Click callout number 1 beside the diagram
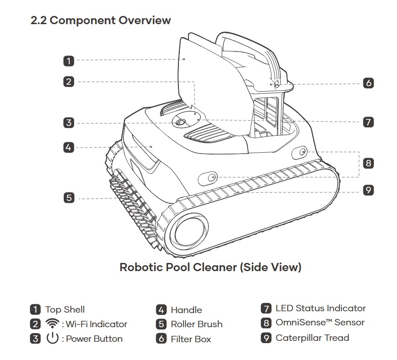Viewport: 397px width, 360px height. (68, 61)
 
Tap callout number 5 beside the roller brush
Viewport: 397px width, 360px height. (68, 198)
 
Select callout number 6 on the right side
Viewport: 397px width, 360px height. (368, 83)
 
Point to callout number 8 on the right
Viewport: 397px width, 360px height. (368, 163)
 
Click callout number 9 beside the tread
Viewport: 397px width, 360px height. (368, 190)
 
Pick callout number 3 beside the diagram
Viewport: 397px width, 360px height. (68, 122)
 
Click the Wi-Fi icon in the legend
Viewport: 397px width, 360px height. (52, 324)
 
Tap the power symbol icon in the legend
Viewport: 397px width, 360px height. (52, 338)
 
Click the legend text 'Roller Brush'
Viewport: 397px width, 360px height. (196, 324)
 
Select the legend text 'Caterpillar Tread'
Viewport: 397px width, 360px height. (312, 338)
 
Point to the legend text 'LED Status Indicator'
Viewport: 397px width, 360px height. (320, 308)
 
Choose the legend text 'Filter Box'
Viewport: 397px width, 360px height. (191, 339)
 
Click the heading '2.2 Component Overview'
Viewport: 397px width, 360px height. (101, 21)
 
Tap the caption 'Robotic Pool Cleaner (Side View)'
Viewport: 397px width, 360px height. (210, 267)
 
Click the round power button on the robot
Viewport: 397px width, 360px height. (179, 122)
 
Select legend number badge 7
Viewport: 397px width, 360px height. (266, 309)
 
